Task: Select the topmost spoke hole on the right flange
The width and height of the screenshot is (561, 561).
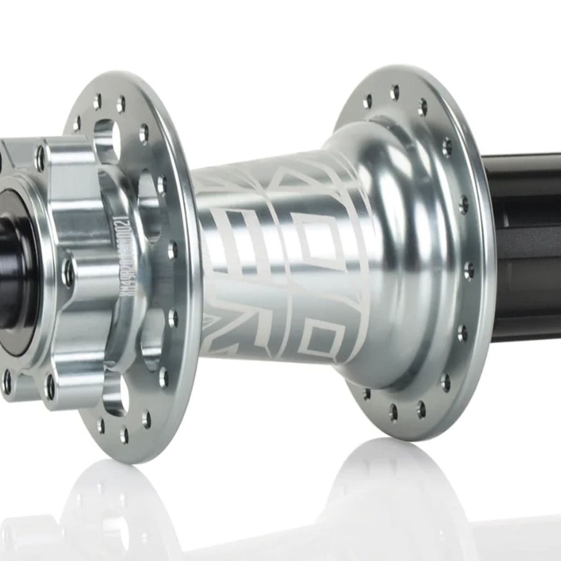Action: tap(396, 89)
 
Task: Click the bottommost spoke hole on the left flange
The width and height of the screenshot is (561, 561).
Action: tap(124, 435)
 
